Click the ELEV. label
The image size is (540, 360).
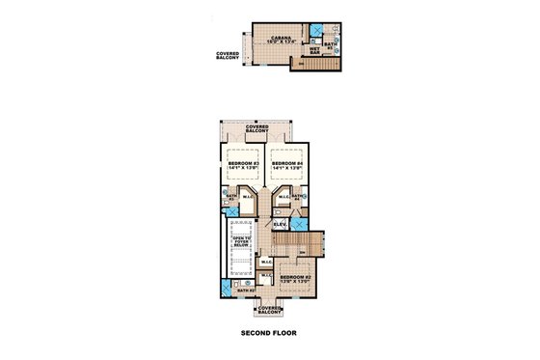click(279, 224)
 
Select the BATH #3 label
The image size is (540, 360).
click(229, 198)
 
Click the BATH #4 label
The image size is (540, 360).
click(299, 197)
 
